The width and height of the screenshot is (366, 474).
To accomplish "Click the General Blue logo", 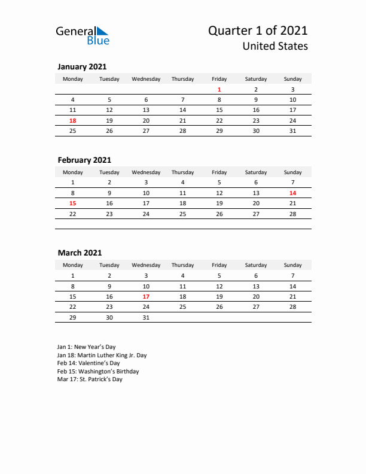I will [x=82, y=35].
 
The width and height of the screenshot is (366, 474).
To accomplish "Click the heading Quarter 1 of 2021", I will [x=258, y=31].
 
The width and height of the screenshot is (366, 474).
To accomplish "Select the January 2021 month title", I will [x=82, y=67].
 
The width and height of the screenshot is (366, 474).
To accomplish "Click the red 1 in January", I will [x=219, y=89].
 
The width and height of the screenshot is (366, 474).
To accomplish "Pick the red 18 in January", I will [x=73, y=120].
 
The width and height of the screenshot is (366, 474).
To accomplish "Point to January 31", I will [x=292, y=130].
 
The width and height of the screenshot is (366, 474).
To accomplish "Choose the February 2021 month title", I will [x=84, y=160].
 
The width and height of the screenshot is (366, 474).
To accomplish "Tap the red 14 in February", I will [x=292, y=193].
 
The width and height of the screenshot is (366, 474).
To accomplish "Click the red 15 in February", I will [x=73, y=203].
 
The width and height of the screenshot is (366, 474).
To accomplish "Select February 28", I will [x=292, y=214].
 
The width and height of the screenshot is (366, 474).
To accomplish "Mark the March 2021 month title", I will [x=80, y=253].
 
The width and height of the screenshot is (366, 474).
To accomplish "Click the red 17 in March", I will [x=146, y=296].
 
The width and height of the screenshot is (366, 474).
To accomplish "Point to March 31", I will [x=146, y=317].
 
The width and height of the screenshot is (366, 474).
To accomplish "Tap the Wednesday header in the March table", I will [x=146, y=265].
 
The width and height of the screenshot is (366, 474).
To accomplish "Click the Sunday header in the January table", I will [x=292, y=79].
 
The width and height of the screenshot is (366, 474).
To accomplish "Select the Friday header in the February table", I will [x=219, y=172].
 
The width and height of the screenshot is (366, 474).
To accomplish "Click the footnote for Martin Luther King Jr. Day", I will [x=102, y=355].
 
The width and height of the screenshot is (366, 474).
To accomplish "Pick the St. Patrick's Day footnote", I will [x=90, y=379].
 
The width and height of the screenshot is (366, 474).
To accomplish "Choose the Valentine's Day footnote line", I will [x=89, y=363].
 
